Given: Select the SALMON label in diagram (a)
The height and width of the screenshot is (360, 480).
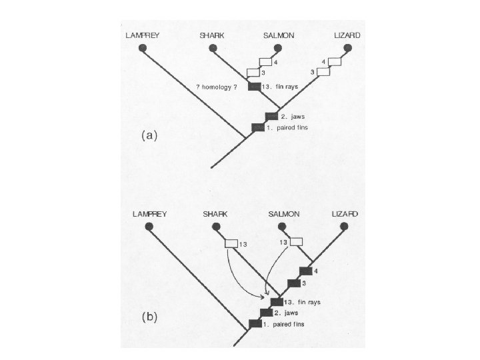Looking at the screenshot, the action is point(278,35).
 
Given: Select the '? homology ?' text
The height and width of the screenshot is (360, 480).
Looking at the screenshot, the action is point(221,87).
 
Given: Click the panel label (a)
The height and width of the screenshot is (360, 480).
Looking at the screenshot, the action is point(149,134).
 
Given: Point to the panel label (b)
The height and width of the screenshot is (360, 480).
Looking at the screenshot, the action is point(149,317).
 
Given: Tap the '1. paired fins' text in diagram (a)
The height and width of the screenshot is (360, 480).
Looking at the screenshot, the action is point(291,127).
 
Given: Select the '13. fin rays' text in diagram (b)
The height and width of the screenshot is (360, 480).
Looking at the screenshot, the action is point(303,302).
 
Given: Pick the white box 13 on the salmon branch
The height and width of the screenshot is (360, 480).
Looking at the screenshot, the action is point(295,241).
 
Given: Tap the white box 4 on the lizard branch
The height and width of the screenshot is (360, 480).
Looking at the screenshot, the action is point(335,62).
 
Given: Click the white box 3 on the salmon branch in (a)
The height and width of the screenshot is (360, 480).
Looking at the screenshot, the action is point(253,72).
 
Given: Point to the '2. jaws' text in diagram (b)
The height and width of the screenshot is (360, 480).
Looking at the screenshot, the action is point(287,312).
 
